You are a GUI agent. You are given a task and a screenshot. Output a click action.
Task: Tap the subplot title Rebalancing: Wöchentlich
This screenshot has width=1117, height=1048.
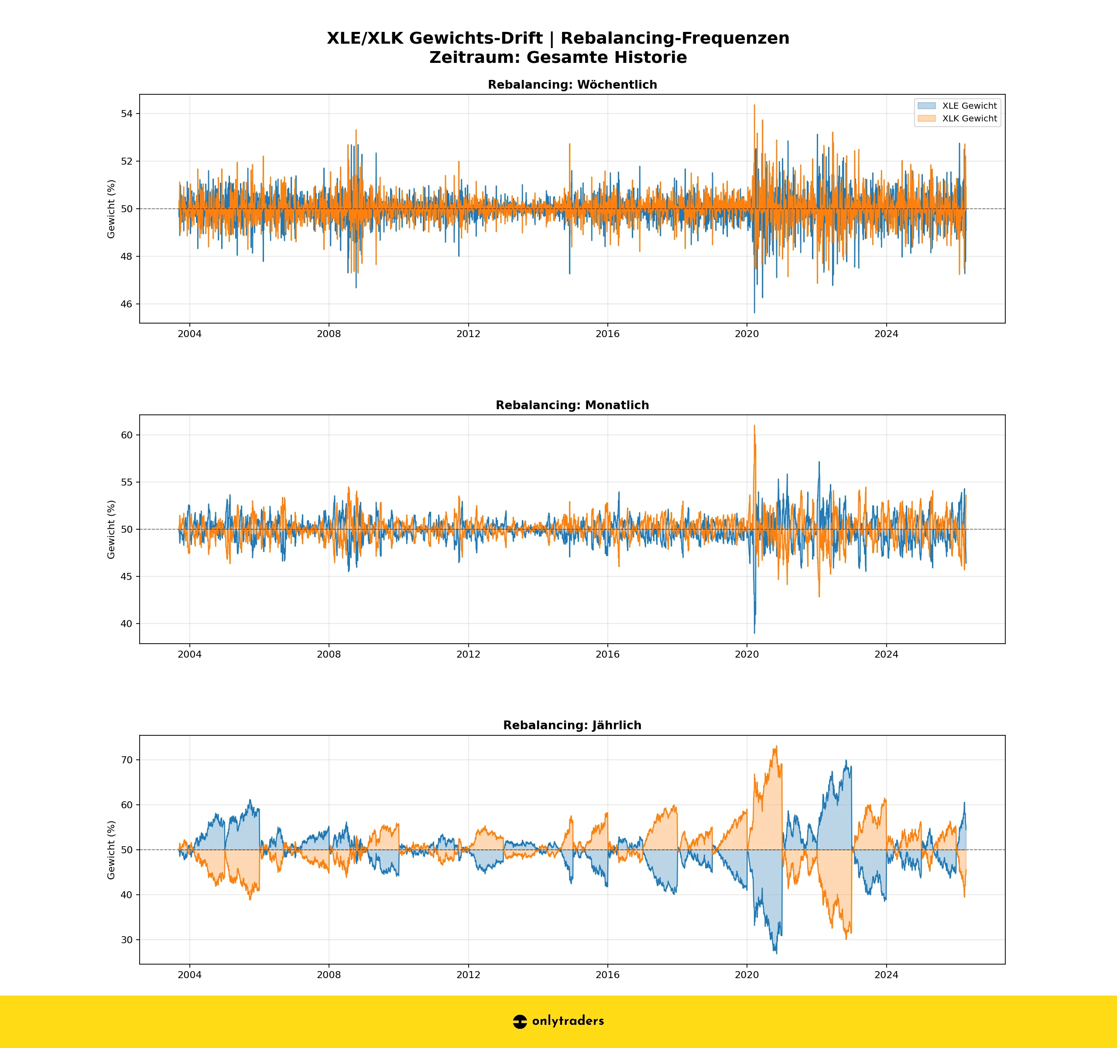572,85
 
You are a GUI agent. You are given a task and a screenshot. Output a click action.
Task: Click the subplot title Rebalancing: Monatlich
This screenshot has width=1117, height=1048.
572,405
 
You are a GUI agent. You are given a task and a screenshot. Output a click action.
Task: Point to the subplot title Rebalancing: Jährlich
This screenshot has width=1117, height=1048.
572,725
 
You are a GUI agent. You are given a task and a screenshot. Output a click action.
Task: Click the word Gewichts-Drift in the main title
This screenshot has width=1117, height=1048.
475,38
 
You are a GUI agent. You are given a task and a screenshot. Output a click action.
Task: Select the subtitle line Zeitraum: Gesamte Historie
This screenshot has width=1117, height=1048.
558,57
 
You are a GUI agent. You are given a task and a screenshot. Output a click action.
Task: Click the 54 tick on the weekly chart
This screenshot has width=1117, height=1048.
127,114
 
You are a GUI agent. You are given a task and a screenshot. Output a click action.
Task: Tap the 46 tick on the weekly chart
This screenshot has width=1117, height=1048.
127,304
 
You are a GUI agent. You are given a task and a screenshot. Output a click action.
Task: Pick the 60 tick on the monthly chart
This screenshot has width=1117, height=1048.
127,435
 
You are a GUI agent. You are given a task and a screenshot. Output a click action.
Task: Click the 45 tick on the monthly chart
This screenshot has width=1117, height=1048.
127,576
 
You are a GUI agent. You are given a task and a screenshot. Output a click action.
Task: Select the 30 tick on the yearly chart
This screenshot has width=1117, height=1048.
127,940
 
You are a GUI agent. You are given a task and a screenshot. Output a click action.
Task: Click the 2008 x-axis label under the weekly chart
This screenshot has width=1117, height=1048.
329,334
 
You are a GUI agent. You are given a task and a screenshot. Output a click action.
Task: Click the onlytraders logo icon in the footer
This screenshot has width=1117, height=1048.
520,1021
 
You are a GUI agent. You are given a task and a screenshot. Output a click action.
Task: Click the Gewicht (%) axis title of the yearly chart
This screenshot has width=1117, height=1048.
111,849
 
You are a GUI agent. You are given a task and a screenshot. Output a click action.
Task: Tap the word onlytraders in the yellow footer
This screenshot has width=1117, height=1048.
568,1021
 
